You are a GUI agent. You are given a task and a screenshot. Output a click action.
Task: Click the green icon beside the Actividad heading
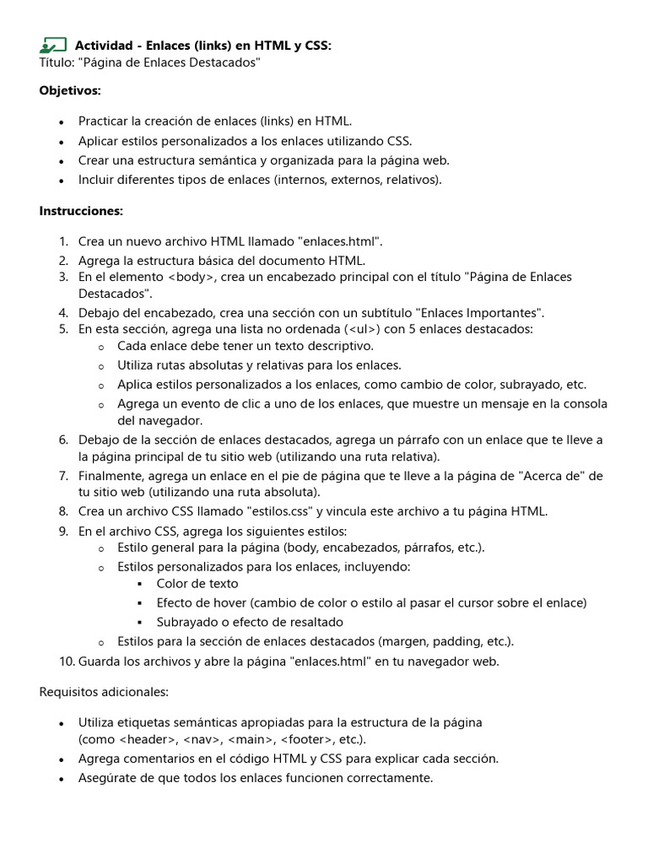(x=52, y=46)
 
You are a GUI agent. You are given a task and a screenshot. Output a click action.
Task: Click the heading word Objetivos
(x=70, y=90)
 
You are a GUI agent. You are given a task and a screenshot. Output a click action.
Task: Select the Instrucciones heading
(x=81, y=211)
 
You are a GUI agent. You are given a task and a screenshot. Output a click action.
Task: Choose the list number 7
(x=63, y=476)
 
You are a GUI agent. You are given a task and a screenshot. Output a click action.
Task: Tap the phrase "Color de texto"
(x=197, y=584)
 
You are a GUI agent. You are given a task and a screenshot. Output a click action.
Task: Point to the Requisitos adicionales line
(x=104, y=692)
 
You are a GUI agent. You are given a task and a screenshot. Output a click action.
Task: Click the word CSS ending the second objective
(x=399, y=141)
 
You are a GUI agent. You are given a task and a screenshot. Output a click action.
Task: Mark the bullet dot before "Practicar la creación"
(x=62, y=122)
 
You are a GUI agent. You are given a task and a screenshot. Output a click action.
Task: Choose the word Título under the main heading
(x=56, y=62)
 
